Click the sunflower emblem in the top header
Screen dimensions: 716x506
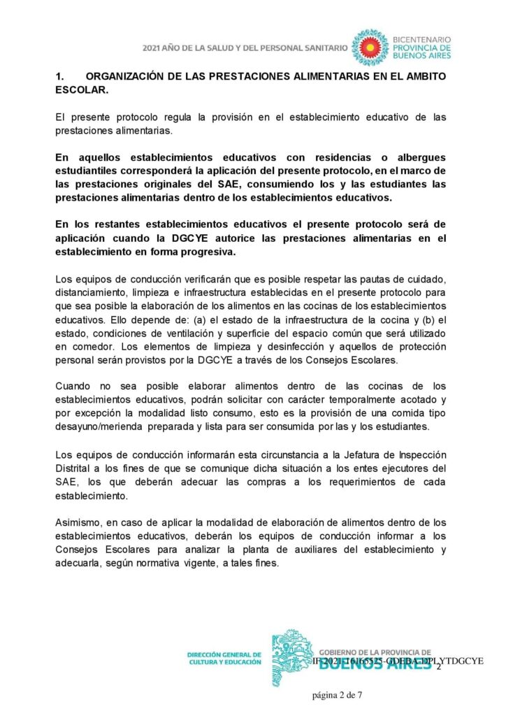368,47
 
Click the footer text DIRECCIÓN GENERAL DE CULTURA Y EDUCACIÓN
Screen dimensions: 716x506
224,659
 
